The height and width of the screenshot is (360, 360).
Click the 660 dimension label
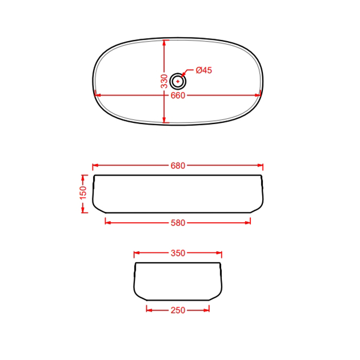click(x=178, y=96)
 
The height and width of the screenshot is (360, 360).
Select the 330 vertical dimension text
click(x=165, y=81)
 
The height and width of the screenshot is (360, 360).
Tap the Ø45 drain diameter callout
click(x=204, y=70)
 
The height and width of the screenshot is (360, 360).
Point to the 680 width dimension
click(x=178, y=166)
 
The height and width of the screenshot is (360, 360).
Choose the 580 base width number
click(x=178, y=223)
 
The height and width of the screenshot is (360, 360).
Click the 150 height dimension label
click(x=83, y=193)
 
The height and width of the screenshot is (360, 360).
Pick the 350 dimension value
click(x=178, y=253)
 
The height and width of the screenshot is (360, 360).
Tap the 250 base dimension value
click(x=178, y=310)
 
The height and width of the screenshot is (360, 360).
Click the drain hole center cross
click(x=178, y=81)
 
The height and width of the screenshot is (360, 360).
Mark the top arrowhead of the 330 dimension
click(x=164, y=43)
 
